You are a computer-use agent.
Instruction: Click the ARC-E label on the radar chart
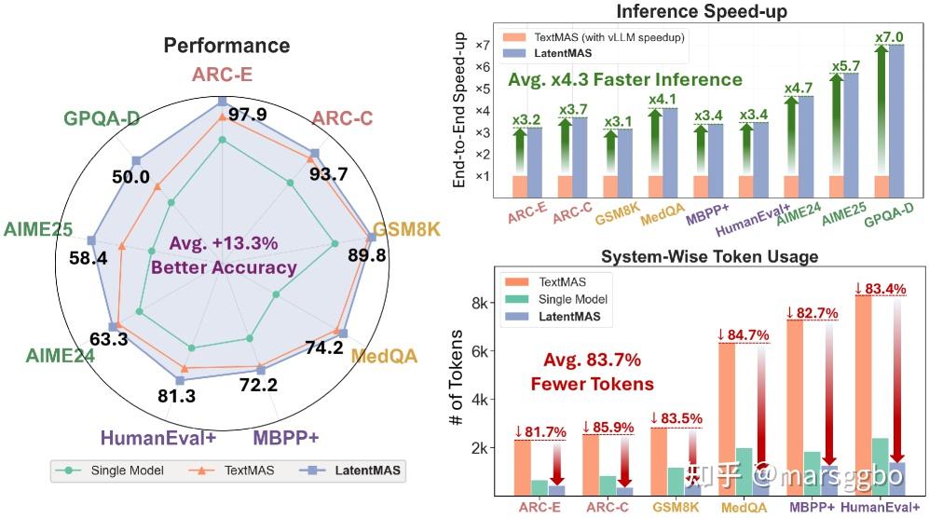[222, 75]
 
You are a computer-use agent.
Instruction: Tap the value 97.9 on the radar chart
[248, 114]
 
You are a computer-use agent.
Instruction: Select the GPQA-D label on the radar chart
[102, 118]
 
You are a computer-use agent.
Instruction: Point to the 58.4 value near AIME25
[89, 258]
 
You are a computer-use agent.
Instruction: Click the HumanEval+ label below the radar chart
[158, 438]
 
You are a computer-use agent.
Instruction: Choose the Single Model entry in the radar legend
[110, 470]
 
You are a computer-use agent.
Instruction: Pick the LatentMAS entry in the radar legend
[350, 470]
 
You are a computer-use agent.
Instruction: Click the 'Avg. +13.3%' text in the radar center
[224, 243]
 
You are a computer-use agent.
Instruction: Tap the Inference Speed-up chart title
[702, 11]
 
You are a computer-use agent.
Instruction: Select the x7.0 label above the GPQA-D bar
[889, 36]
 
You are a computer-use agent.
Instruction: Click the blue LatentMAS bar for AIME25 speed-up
[851, 135]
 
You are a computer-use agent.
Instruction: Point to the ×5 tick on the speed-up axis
[483, 89]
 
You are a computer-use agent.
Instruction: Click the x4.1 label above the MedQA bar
[663, 100]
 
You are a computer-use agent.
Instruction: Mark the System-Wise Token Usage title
[710, 256]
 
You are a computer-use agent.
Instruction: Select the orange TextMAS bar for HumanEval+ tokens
[863, 395]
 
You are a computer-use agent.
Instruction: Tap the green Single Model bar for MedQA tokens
[745, 471]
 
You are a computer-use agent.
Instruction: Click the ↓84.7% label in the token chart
[743, 335]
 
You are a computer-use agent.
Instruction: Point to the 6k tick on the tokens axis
[479, 351]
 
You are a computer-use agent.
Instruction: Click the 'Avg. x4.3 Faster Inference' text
[625, 79]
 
